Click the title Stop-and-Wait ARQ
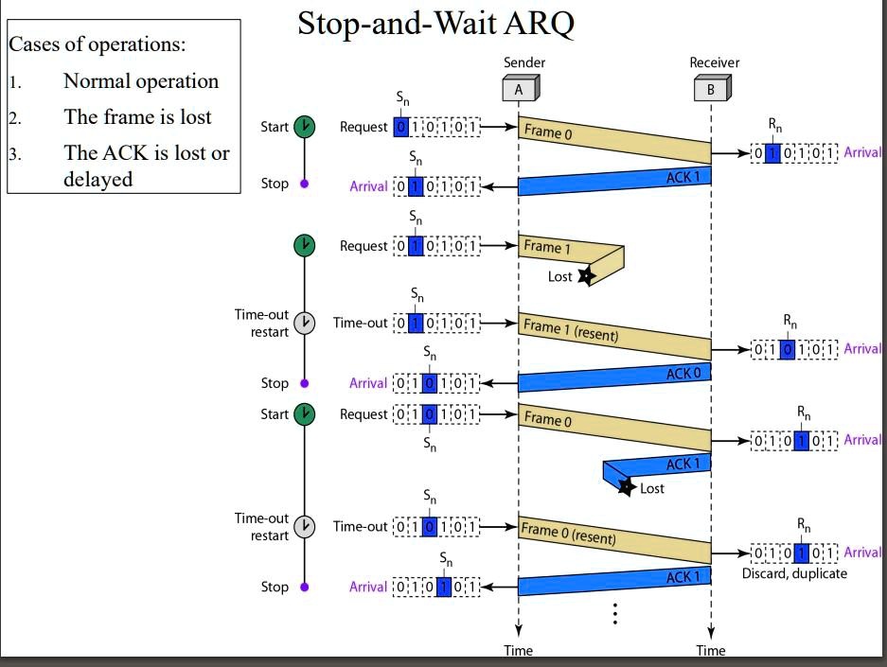tap(435, 24)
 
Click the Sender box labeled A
tap(519, 90)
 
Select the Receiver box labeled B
tap(711, 90)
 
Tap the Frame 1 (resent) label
tap(570, 330)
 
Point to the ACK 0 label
tap(683, 374)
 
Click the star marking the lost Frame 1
tap(586, 275)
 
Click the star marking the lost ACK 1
tap(626, 487)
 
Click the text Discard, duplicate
tap(794, 573)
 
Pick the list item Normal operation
tap(141, 81)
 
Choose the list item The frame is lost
tap(137, 117)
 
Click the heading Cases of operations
tap(98, 44)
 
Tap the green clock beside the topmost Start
tap(305, 127)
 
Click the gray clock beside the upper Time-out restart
tap(305, 323)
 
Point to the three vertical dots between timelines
tap(615, 614)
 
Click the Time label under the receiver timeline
tap(711, 650)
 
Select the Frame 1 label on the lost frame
tap(547, 248)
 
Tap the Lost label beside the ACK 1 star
tap(652, 489)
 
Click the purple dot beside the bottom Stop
tap(305, 587)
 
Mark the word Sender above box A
tap(524, 62)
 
